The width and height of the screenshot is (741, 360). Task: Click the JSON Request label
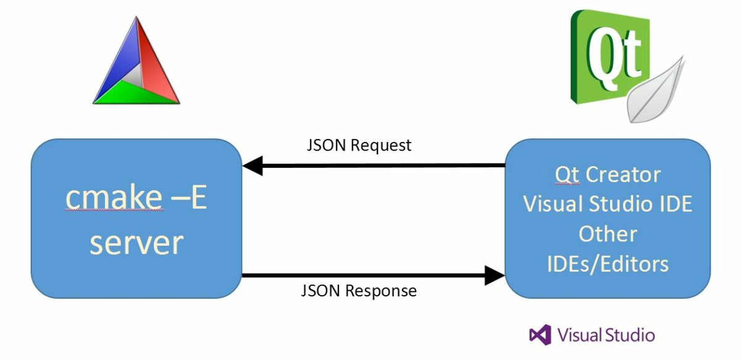pos(359,146)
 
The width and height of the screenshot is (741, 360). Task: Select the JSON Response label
pos(359,290)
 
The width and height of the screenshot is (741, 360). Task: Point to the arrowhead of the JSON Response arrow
pos(495,275)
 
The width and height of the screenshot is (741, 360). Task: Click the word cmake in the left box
pos(114,198)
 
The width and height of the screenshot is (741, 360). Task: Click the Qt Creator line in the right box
pos(608,175)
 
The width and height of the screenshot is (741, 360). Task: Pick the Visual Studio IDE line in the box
pos(608,204)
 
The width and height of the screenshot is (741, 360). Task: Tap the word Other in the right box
pos(608,234)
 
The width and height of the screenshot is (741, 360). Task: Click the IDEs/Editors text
pos(608,264)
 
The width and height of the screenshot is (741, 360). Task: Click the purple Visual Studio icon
pos(540,335)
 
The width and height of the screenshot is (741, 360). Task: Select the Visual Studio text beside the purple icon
pos(606,335)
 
